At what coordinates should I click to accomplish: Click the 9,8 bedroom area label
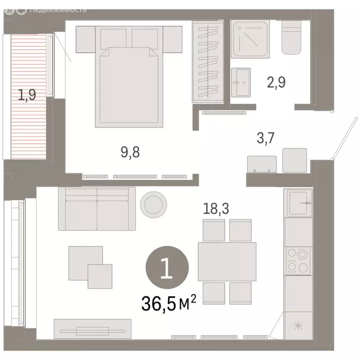pyautogui.click(x=130, y=152)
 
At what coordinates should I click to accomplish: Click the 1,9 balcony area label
pyautogui.click(x=27, y=95)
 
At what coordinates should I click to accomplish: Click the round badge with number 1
pyautogui.click(x=167, y=269)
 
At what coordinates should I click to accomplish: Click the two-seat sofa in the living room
pyautogui.click(x=97, y=209)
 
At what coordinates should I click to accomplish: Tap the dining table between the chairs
pyautogui.click(x=227, y=261)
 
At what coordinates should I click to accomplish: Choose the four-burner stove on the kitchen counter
pyautogui.click(x=298, y=260)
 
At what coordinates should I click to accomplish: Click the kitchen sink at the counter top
pyautogui.click(x=298, y=203)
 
